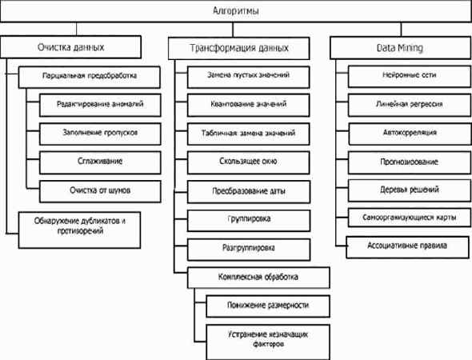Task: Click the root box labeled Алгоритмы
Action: click(x=236, y=12)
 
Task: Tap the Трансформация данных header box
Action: click(x=238, y=47)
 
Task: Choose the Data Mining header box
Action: click(x=398, y=47)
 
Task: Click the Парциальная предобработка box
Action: click(x=90, y=77)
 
